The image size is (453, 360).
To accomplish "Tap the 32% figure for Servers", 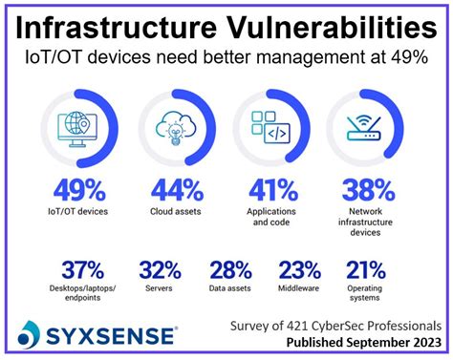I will point(160,270).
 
